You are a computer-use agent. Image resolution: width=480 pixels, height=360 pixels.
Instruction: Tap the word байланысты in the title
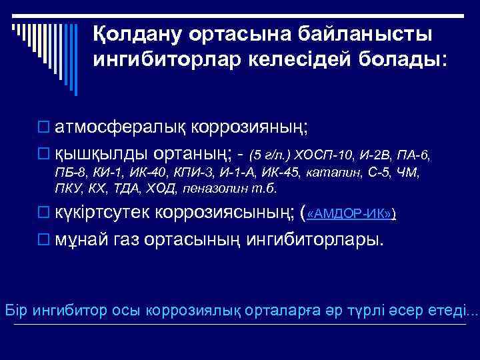coord(364,33)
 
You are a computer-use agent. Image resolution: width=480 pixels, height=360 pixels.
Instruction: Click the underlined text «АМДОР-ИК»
coord(350,214)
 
